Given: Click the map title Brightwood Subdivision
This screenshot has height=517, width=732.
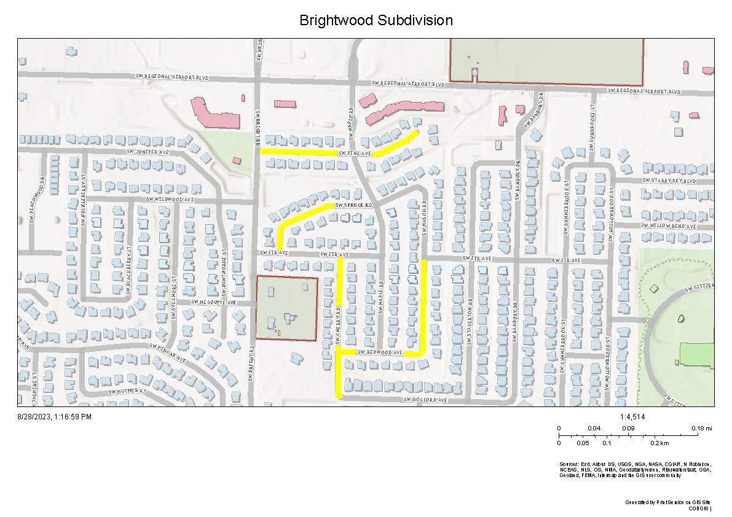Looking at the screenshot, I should pos(376,20).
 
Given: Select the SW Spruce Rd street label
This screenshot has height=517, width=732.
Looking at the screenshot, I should pos(354,205).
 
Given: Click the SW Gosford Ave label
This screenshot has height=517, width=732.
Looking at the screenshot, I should pos(425,400).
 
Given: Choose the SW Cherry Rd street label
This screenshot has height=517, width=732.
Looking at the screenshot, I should pos(339,313).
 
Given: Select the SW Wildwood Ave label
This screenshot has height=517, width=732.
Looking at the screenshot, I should pos(170,200).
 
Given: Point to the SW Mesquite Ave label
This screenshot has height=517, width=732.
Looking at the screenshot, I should pos(213,303).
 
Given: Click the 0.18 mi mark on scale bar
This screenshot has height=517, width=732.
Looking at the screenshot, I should pos(697,428).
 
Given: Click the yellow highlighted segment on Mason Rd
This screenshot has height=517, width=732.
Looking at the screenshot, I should pos(424,307).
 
